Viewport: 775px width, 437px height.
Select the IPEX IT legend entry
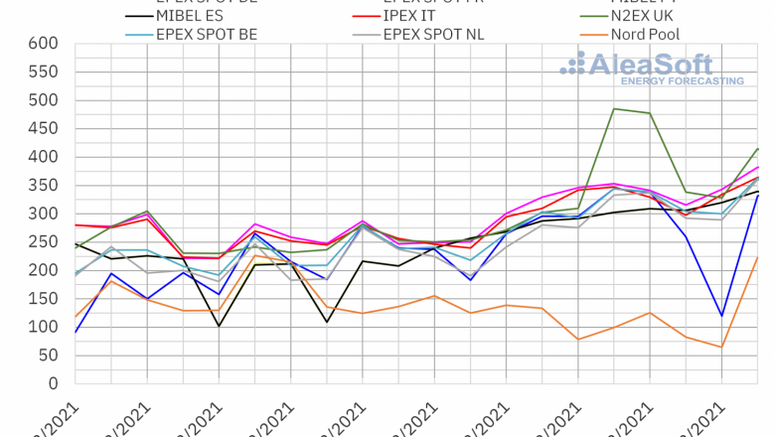[415, 17]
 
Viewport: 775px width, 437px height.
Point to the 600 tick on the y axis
[44, 44]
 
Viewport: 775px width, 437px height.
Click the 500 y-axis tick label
[44, 100]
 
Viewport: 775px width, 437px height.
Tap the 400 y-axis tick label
[44, 157]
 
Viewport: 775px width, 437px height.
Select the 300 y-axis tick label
[44, 214]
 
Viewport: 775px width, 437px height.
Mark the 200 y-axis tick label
[44, 270]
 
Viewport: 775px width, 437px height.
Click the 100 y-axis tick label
[44, 327]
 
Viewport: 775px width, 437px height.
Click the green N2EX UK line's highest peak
[614, 108]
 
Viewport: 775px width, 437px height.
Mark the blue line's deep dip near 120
[721, 316]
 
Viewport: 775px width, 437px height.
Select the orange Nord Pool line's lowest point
[721, 347]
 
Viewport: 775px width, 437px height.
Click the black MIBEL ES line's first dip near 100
[219, 326]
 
